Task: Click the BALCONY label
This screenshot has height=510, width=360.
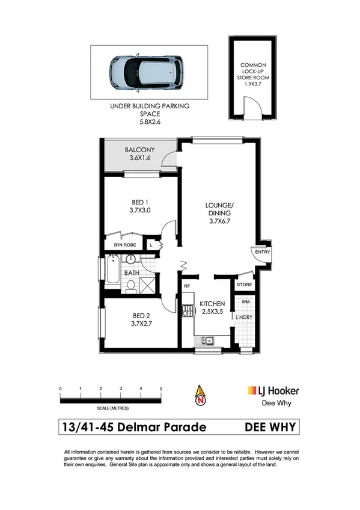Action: click(139, 150)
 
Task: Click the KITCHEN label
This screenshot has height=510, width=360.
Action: click(213, 303)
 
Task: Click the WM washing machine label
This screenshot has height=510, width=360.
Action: click(245, 302)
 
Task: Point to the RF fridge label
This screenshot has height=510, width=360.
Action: click(187, 286)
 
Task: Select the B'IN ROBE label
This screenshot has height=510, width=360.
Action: click(125, 245)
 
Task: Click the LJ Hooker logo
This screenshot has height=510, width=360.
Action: click(273, 391)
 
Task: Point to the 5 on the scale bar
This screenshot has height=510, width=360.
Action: click(161, 389)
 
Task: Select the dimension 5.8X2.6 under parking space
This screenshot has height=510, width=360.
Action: click(150, 122)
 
